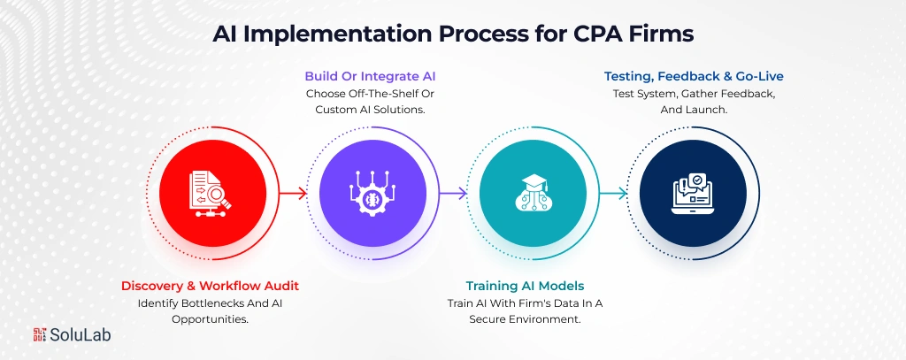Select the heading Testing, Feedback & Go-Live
click(x=693, y=76)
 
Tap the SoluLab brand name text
click(x=81, y=334)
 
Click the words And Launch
click(x=693, y=110)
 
